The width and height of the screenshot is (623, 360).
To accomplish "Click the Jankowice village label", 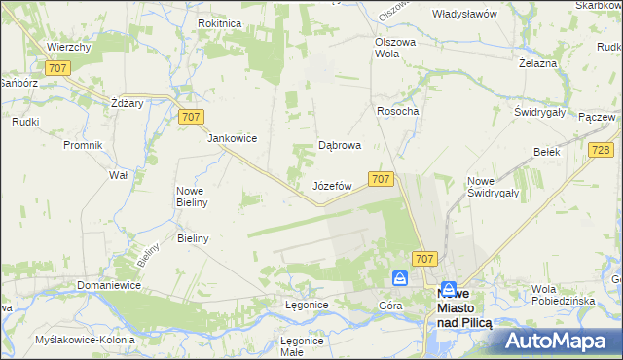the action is [232, 138].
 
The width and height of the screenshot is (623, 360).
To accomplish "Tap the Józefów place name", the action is [331, 185].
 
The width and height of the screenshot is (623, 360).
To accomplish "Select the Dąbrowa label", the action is [341, 146].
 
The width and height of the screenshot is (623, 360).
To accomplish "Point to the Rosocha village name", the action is [397, 111].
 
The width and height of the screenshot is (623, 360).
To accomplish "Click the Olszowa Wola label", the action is [395, 49].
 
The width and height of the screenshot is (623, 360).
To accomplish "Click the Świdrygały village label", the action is [540, 112].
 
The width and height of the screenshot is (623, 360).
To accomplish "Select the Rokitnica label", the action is [219, 23].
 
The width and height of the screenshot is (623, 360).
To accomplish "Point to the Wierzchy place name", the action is [68, 47].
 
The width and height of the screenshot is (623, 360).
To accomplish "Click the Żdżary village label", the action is [128, 103].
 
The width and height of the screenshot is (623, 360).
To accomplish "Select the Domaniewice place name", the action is [109, 285].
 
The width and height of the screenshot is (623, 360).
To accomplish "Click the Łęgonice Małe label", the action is [302, 346].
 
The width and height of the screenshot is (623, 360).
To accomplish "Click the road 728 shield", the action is [601, 149].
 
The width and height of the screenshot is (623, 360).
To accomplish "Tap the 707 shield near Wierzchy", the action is [57, 68].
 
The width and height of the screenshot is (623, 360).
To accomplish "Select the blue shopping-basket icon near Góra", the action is [400, 279].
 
